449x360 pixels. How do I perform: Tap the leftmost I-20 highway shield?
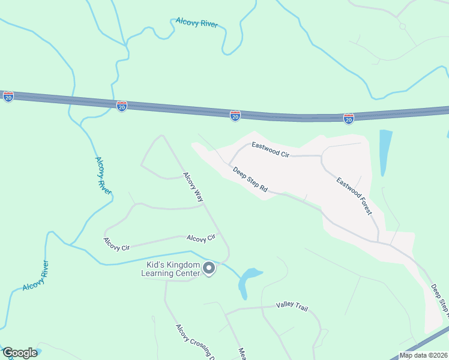pos(8,97)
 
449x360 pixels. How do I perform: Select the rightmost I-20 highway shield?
pos(349,118)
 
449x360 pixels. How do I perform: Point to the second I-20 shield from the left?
pos(122,106)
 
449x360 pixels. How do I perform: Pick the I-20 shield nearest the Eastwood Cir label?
pos(235,115)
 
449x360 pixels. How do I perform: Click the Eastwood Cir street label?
pos(270,149)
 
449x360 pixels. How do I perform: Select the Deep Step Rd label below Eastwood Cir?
pos(250,179)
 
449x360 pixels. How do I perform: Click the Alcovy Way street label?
pos(194,187)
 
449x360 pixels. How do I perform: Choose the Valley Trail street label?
pos(292,307)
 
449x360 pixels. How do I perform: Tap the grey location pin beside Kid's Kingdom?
pos(209,269)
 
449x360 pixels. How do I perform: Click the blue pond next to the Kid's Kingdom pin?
pos(247,281)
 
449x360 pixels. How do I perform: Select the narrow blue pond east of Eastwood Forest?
pos(385,152)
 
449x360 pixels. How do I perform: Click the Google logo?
pos(19,353)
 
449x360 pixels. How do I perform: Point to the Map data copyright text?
pos(423,355)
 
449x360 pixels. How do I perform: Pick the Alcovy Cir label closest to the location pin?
pos(201,238)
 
